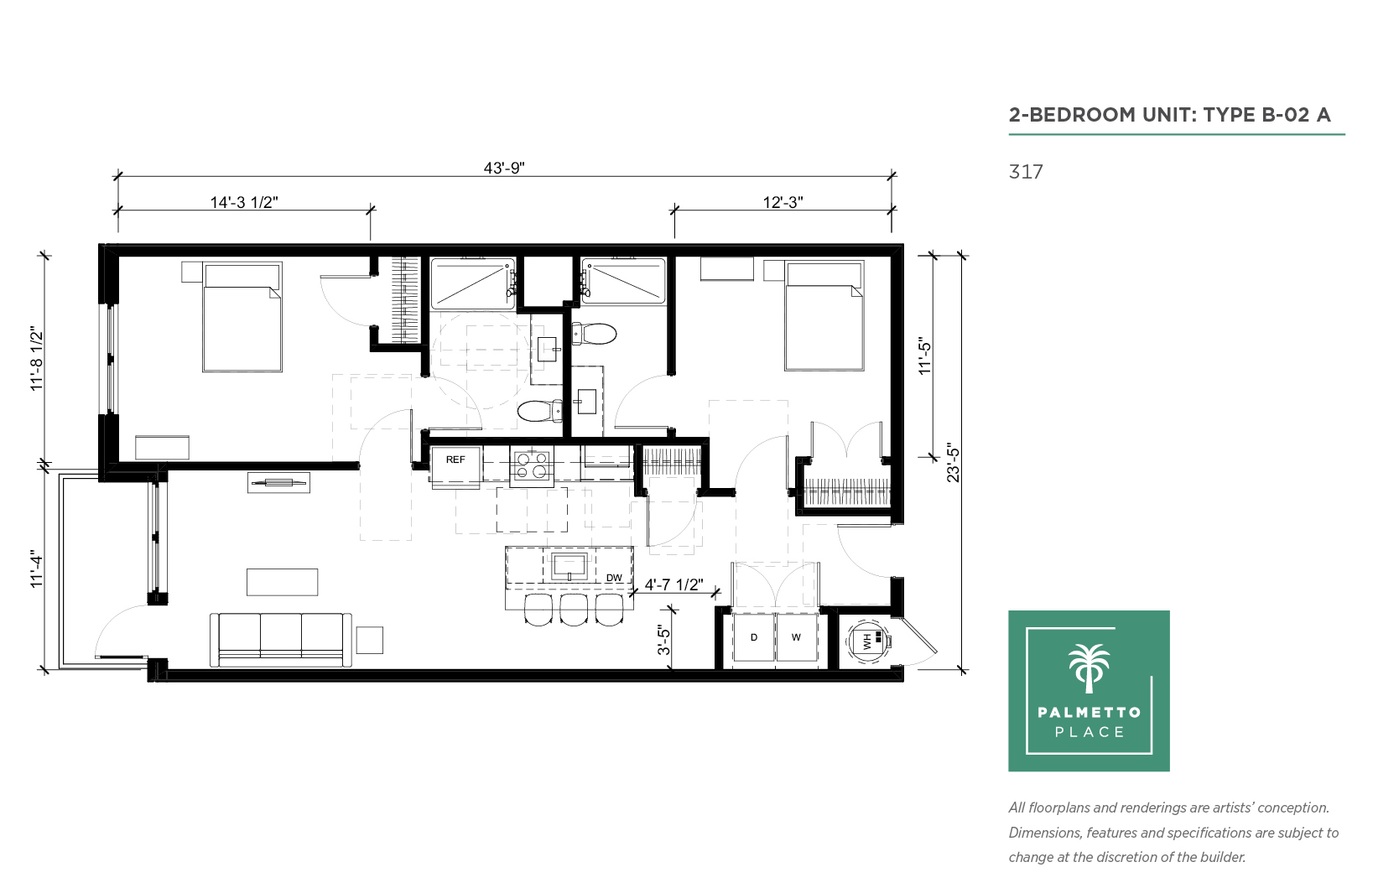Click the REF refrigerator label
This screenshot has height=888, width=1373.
455,460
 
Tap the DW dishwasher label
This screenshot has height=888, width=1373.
614,578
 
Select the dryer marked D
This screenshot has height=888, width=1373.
754,637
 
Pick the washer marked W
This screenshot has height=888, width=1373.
796,637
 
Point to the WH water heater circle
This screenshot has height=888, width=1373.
867,641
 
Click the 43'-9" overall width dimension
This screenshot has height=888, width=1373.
504,168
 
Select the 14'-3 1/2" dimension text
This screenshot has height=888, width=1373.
244,202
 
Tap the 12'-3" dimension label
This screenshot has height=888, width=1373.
783,202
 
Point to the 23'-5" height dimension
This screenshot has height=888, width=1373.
953,463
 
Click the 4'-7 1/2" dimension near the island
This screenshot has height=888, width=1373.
673,584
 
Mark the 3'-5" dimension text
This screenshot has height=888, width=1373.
664,640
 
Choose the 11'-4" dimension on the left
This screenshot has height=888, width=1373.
38,571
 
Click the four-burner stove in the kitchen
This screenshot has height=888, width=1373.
532,465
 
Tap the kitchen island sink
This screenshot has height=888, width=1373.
569,566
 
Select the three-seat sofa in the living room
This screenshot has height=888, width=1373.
281,640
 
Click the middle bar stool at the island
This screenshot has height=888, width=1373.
574,609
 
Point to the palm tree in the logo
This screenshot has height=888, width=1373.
1089,668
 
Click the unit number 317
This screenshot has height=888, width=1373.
1026,172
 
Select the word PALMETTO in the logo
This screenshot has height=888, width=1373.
1090,712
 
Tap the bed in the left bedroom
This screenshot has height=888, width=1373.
242,318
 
